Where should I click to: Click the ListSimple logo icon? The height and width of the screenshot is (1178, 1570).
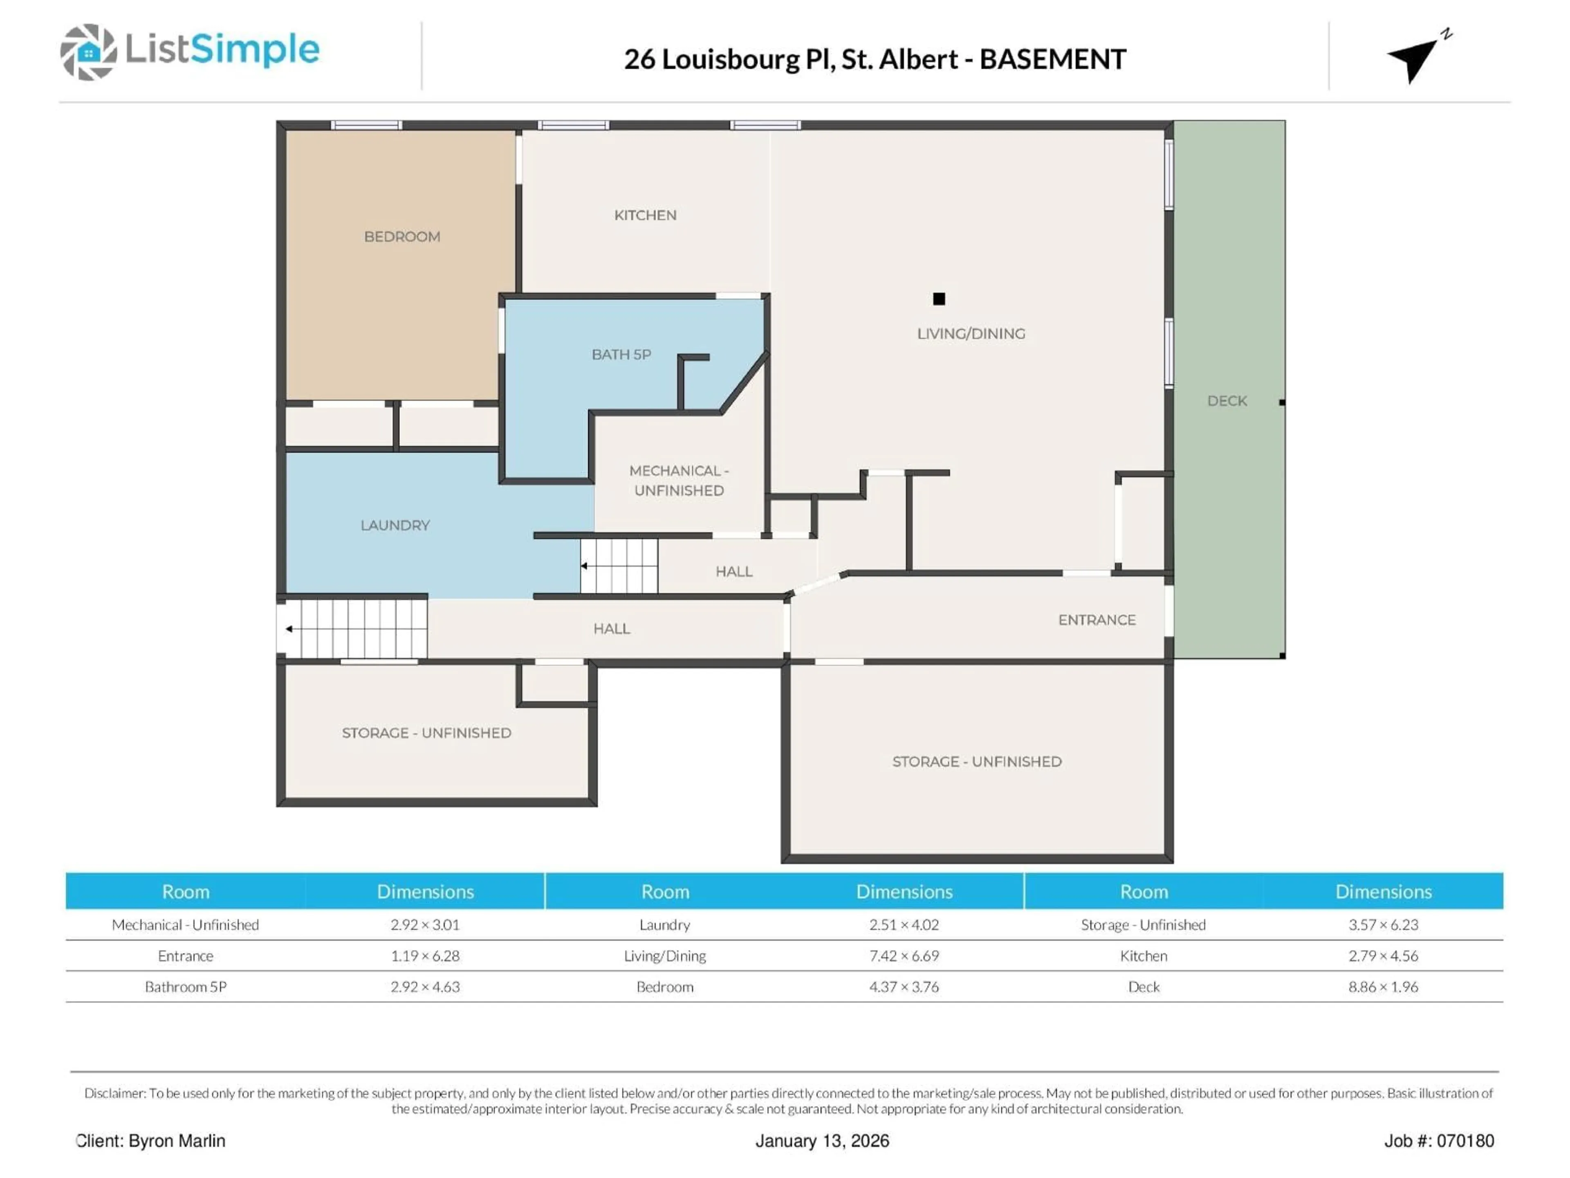[x=88, y=52]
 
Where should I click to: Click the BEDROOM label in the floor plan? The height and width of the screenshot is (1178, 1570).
[x=402, y=236]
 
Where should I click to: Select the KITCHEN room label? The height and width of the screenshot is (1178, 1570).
[x=644, y=215]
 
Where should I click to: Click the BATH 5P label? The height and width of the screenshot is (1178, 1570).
[x=621, y=354]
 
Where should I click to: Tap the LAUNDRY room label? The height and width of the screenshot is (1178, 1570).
[x=395, y=526]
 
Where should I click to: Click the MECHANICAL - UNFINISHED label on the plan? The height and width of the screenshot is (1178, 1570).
[x=679, y=481]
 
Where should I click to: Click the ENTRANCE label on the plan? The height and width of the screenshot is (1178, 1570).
[x=1097, y=620]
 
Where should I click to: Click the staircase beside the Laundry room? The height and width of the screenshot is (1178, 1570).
[x=619, y=566]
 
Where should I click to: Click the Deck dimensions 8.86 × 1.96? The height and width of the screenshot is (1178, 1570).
[x=1383, y=987]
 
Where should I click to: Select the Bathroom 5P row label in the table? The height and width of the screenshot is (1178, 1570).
[x=185, y=987]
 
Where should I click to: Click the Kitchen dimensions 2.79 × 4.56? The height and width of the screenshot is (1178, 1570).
[x=1383, y=956]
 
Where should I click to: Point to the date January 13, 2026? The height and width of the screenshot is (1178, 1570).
[x=821, y=1141]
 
